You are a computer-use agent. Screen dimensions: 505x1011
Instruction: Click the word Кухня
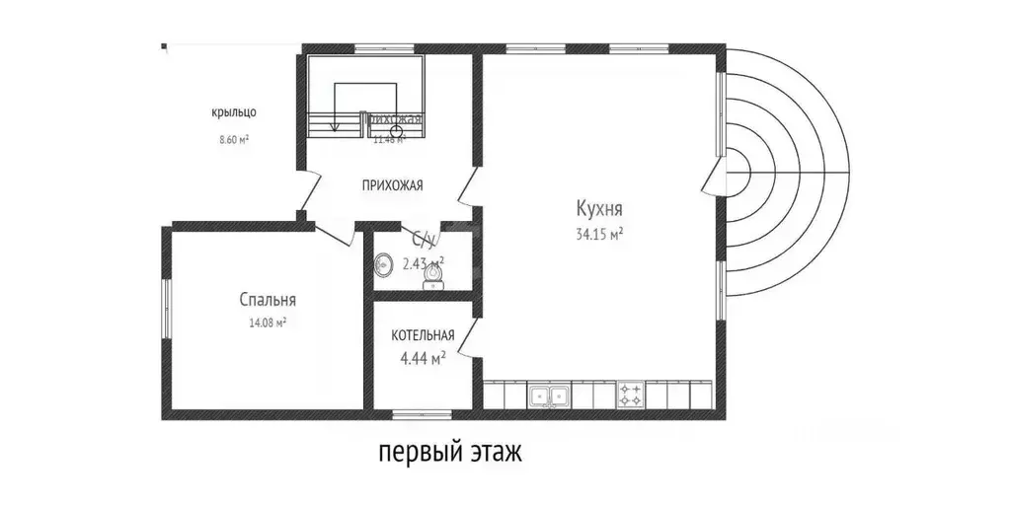pyautogui.click(x=599, y=209)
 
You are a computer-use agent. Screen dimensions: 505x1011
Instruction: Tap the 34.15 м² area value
pyautogui.click(x=599, y=234)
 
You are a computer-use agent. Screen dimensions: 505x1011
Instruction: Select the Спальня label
pyautogui.click(x=267, y=300)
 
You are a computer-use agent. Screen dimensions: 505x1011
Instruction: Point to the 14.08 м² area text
pyautogui.click(x=267, y=323)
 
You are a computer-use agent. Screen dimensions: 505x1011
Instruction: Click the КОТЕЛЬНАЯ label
pyautogui.click(x=422, y=335)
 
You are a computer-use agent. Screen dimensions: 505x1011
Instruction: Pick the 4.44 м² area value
pyautogui.click(x=422, y=358)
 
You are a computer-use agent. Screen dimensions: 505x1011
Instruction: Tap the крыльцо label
pyautogui.click(x=234, y=112)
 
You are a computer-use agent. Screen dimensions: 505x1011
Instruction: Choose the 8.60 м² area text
pyautogui.click(x=234, y=140)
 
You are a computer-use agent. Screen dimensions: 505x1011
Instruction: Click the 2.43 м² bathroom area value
pyautogui.click(x=423, y=263)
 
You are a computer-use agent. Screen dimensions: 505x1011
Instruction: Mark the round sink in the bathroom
pyautogui.click(x=383, y=264)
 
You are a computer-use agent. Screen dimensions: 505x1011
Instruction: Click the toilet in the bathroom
pyautogui.click(x=432, y=279)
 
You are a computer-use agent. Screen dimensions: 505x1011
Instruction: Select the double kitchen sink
pyautogui.click(x=548, y=397)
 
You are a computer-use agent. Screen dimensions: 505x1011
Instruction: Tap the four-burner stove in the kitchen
pyautogui.click(x=631, y=397)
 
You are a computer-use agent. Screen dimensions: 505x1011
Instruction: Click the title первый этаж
pyautogui.click(x=448, y=453)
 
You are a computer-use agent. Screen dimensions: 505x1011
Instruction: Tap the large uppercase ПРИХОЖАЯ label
pyautogui.click(x=392, y=184)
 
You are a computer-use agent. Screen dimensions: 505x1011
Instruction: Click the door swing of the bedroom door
pyautogui.click(x=336, y=237)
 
